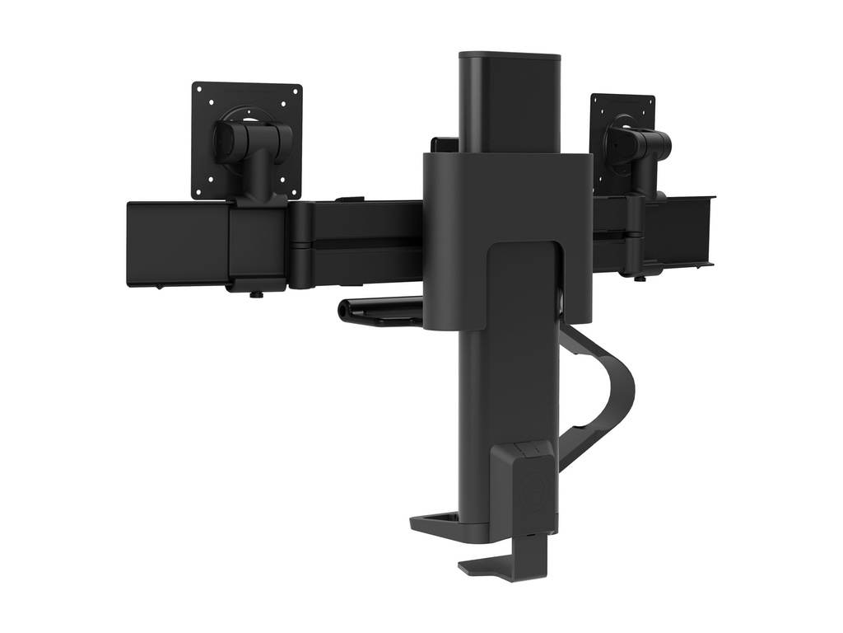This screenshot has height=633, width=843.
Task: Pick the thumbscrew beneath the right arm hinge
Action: point(640,275)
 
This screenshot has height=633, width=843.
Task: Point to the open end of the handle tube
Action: point(344,310)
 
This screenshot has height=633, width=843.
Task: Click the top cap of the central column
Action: point(509,57)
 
